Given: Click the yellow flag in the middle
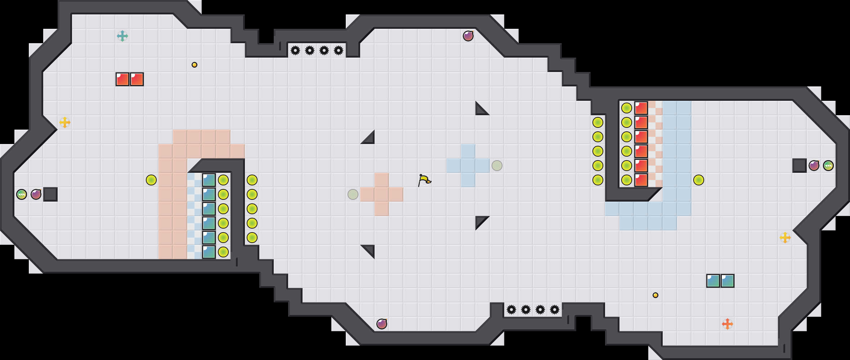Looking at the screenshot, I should coord(424,180).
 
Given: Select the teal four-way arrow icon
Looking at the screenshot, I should coord(122,36).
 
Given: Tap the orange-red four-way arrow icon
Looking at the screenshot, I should coord(728,324).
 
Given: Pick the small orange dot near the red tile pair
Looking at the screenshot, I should coord(194,65).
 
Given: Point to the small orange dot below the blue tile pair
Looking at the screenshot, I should coord(656,295).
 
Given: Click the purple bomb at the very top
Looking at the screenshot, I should coord(468,36).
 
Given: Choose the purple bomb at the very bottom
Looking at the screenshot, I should coord(382,324).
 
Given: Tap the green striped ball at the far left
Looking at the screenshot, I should coord(22,194).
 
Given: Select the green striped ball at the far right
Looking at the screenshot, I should coord(828,166).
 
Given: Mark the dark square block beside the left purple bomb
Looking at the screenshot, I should coord(50,194).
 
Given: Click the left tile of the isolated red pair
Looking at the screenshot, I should coord(122,79).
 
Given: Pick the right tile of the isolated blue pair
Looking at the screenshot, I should coord(728,281).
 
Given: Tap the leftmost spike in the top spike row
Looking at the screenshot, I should coord(295,50).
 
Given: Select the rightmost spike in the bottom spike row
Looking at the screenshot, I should coord(555,310).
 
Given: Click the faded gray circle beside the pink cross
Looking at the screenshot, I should coord(353,194).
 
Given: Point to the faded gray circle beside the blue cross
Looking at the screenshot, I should coord(497,166).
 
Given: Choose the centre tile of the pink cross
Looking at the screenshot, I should coord(382,194).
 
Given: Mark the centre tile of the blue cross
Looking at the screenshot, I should coord(468,166).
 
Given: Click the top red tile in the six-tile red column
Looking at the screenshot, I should coord(641,108).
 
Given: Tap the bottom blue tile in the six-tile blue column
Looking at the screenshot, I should coord(209,252).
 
